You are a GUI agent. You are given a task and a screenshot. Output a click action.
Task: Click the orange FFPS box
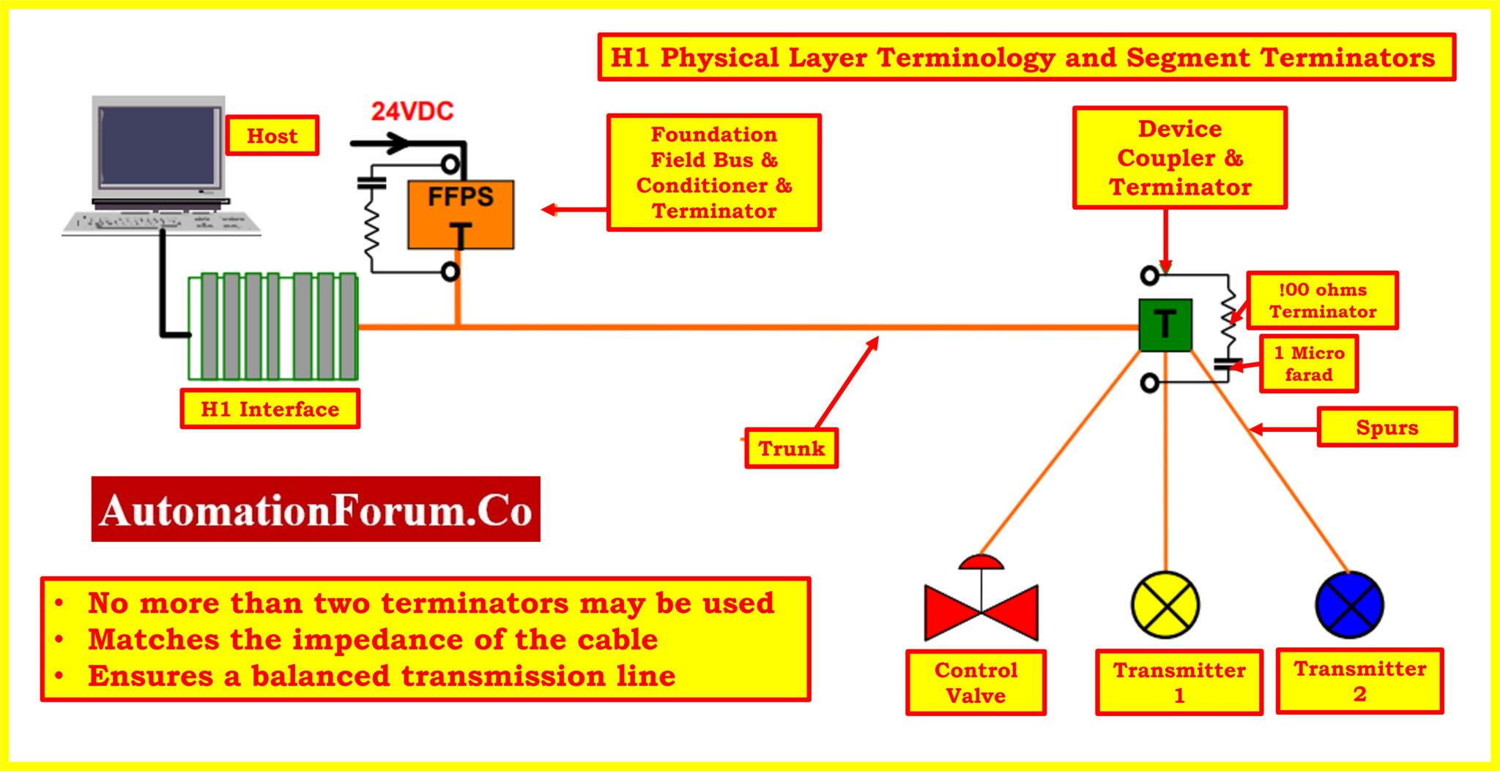click(461, 215)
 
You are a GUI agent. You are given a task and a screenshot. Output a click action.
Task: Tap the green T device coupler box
click(1165, 325)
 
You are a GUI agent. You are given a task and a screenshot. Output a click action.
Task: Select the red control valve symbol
click(981, 611)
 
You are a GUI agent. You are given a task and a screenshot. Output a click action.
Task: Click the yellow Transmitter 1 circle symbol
click(1165, 605)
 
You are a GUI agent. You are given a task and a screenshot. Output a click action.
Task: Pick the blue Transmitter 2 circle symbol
click(1349, 605)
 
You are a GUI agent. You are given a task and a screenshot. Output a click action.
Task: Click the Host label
click(272, 135)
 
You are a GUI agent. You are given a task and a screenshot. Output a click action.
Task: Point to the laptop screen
click(159, 146)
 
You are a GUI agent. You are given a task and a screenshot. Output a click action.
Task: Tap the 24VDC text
click(412, 111)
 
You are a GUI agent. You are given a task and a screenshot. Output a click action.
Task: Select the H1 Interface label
click(270, 409)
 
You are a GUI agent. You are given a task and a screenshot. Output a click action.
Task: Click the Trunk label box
click(791, 448)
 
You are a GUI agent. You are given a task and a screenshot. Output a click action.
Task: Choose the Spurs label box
click(1386, 427)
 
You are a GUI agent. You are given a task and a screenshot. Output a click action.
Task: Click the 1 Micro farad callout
click(1309, 364)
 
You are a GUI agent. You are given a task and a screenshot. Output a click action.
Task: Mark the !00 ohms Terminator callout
click(1322, 300)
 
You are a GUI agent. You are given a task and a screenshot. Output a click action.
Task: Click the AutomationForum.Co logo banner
click(316, 510)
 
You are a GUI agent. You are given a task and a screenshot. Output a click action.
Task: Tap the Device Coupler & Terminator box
click(1179, 158)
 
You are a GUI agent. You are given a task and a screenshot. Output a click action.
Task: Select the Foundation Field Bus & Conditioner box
click(713, 173)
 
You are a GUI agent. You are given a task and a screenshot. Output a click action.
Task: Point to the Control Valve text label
click(976, 682)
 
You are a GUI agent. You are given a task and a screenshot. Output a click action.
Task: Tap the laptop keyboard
click(162, 221)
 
